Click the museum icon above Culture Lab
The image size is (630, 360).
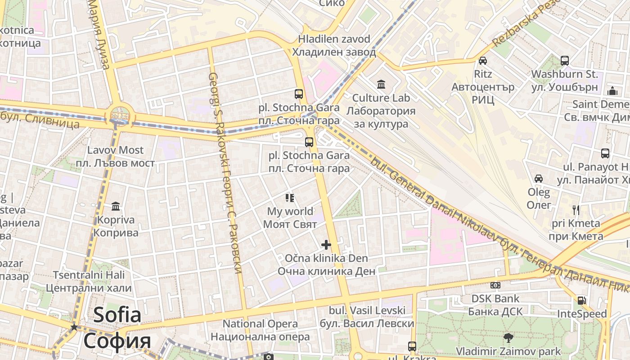click(x=381, y=84)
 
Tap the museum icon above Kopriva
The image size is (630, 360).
click(x=116, y=206)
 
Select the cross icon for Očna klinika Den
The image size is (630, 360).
click(x=326, y=245)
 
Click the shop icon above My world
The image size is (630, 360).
click(x=290, y=198)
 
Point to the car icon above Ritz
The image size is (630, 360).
click(x=483, y=60)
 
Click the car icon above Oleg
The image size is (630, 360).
click(x=538, y=179)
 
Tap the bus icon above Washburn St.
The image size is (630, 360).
click(x=564, y=60)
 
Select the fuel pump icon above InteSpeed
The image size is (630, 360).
click(x=582, y=300)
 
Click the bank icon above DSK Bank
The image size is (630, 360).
click(x=495, y=285)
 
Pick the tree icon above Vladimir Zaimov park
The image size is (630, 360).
click(x=508, y=337)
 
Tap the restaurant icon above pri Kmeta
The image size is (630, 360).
click(x=576, y=209)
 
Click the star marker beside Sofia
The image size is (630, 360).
click(x=74, y=327)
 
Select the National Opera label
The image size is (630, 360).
click(x=260, y=330)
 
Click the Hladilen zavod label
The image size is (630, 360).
click(x=334, y=45)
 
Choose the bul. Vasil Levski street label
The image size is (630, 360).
click(x=367, y=317)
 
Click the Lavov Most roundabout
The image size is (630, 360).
click(x=119, y=115)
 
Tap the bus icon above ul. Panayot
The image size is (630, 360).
click(x=605, y=153)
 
